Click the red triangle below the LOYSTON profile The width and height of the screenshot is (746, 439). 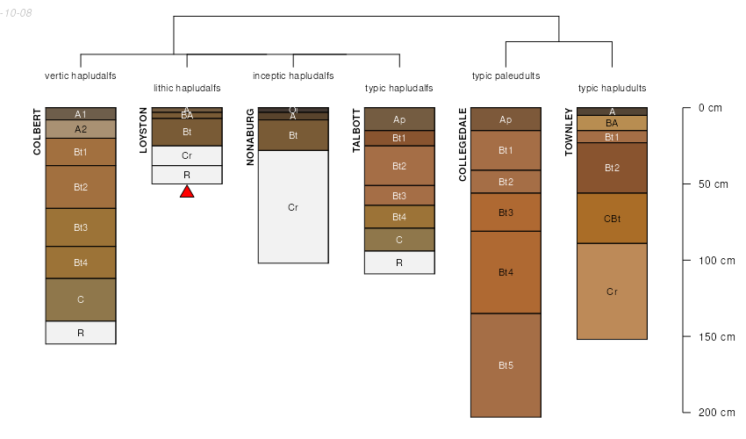tap(187, 191)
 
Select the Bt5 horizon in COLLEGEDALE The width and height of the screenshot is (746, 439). tap(506, 364)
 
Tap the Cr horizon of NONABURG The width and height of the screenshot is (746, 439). tap(293, 207)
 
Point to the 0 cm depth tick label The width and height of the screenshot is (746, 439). tap(710, 108)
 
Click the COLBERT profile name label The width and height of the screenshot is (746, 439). tap(37, 132)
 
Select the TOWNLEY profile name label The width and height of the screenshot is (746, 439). tap(569, 132)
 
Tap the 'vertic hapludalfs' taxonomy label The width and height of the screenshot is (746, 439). tap(81, 76)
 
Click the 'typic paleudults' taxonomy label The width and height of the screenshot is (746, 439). tap(506, 76)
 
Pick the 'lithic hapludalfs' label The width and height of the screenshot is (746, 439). tap(187, 88)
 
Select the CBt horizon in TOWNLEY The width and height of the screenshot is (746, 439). tap(612, 218)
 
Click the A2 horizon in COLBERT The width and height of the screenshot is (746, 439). tap(81, 129)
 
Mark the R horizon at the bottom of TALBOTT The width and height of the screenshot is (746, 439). tap(399, 263)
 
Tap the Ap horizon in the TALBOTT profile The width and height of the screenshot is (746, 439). tap(399, 119)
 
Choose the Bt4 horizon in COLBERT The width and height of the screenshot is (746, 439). tap(81, 263)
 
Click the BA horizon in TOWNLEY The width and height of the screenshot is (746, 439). tap(612, 123)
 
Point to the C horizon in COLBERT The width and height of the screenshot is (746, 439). tap(81, 299)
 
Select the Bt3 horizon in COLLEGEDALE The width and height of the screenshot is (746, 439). tap(506, 212)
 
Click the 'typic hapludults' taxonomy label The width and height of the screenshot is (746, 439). tap(612, 88)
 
